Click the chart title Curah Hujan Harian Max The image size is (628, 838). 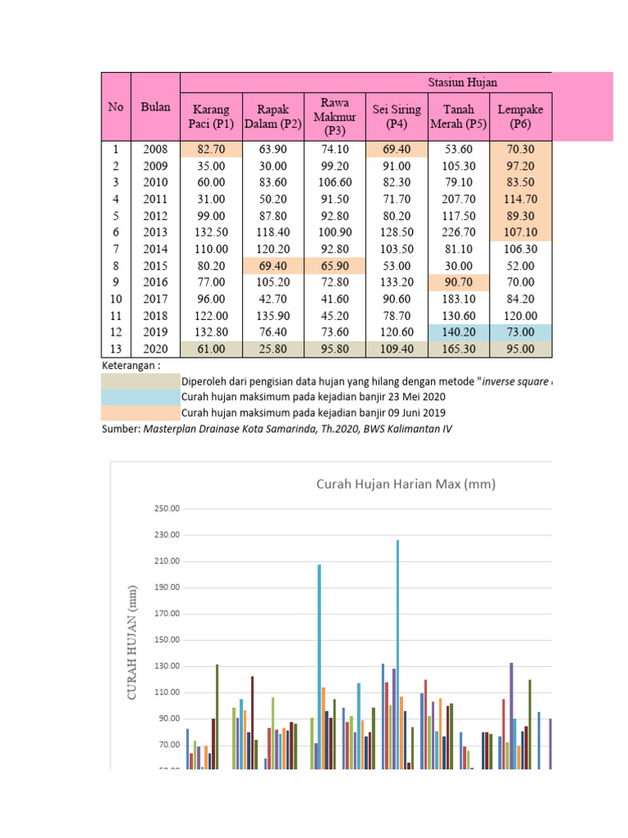tap(406, 484)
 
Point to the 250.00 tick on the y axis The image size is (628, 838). tap(167, 509)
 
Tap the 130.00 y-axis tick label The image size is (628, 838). tap(167, 667)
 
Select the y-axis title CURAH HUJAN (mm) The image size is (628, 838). tap(132, 642)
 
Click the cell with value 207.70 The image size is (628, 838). tap(458, 199)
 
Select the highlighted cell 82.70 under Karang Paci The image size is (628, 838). tap(211, 150)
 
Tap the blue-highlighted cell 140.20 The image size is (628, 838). tap(458, 332)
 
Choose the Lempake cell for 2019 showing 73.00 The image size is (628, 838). tap(520, 332)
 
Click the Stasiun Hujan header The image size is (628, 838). tap(463, 83)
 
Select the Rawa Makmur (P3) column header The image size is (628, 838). tap(335, 116)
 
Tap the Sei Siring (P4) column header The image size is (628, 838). tap(397, 115)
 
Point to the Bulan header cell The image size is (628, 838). tap(155, 106)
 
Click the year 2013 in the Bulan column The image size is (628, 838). tap(155, 232)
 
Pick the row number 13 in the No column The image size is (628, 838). tap(115, 349)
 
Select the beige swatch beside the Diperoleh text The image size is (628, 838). tap(140, 381)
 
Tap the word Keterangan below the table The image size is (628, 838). tap(131, 365)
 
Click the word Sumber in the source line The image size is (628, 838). tap(120, 429)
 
